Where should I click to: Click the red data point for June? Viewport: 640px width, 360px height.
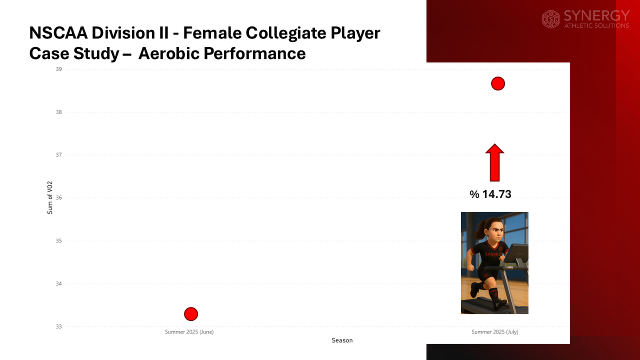point(191,314)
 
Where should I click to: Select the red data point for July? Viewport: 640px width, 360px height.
point(498,84)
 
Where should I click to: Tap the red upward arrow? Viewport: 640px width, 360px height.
point(494,162)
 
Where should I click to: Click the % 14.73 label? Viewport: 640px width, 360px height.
point(490,194)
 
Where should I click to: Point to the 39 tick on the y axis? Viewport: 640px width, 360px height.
point(59,69)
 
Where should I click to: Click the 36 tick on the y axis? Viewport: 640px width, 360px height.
point(59,198)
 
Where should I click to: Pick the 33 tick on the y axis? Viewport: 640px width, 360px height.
point(59,326)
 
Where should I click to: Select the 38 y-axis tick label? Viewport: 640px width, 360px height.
point(59,112)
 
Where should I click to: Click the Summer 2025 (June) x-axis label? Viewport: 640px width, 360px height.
point(189,332)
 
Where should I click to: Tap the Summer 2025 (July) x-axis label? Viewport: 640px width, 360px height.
point(495,332)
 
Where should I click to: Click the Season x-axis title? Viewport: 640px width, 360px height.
point(342,340)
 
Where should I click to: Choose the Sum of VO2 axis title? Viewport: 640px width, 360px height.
point(50,198)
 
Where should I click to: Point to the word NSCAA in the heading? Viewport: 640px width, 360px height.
point(58,33)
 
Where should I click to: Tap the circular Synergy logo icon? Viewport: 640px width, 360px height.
point(551,19)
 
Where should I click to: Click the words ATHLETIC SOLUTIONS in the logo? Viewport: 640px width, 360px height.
point(596,26)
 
